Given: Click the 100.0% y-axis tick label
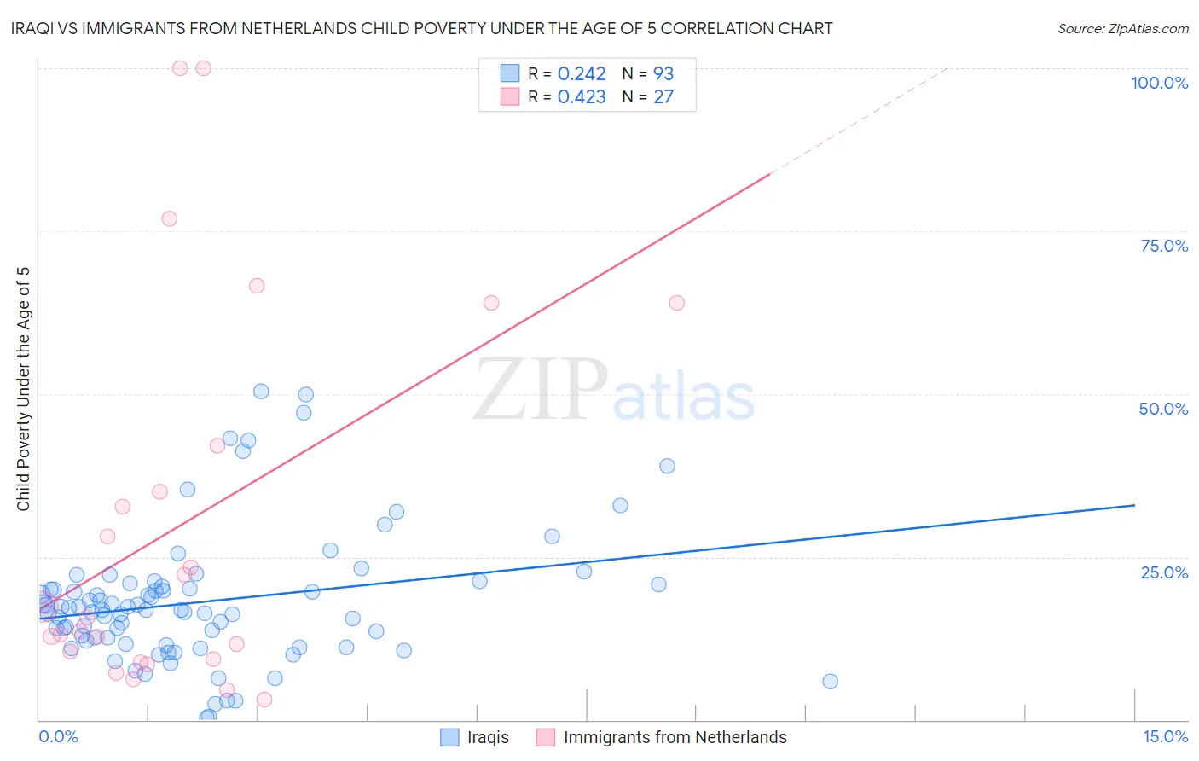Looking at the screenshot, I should click(1159, 83).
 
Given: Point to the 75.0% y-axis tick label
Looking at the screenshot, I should click(1164, 246).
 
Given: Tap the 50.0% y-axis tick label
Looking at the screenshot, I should click(1163, 409).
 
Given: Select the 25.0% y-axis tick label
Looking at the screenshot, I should click(1164, 572).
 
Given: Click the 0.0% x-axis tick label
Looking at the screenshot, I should click(58, 736).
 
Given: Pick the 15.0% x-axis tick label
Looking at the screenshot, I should click(1165, 736).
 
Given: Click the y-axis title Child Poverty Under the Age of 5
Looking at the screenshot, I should click(23, 389).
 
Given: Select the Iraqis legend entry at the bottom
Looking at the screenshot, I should click(474, 737).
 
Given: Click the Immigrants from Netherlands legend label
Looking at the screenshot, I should click(675, 737).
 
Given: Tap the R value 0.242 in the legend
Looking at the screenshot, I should click(581, 74).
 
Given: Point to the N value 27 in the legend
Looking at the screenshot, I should click(663, 97).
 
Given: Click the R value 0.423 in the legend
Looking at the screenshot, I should click(581, 97).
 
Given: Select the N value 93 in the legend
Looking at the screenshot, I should click(663, 74).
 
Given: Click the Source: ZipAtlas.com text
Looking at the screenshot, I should click(1122, 29).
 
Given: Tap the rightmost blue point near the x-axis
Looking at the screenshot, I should click(830, 681).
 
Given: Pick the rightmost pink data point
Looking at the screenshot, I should click(676, 303).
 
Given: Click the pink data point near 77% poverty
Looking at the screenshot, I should click(169, 218).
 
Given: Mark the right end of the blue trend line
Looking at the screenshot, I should click(1134, 505).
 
